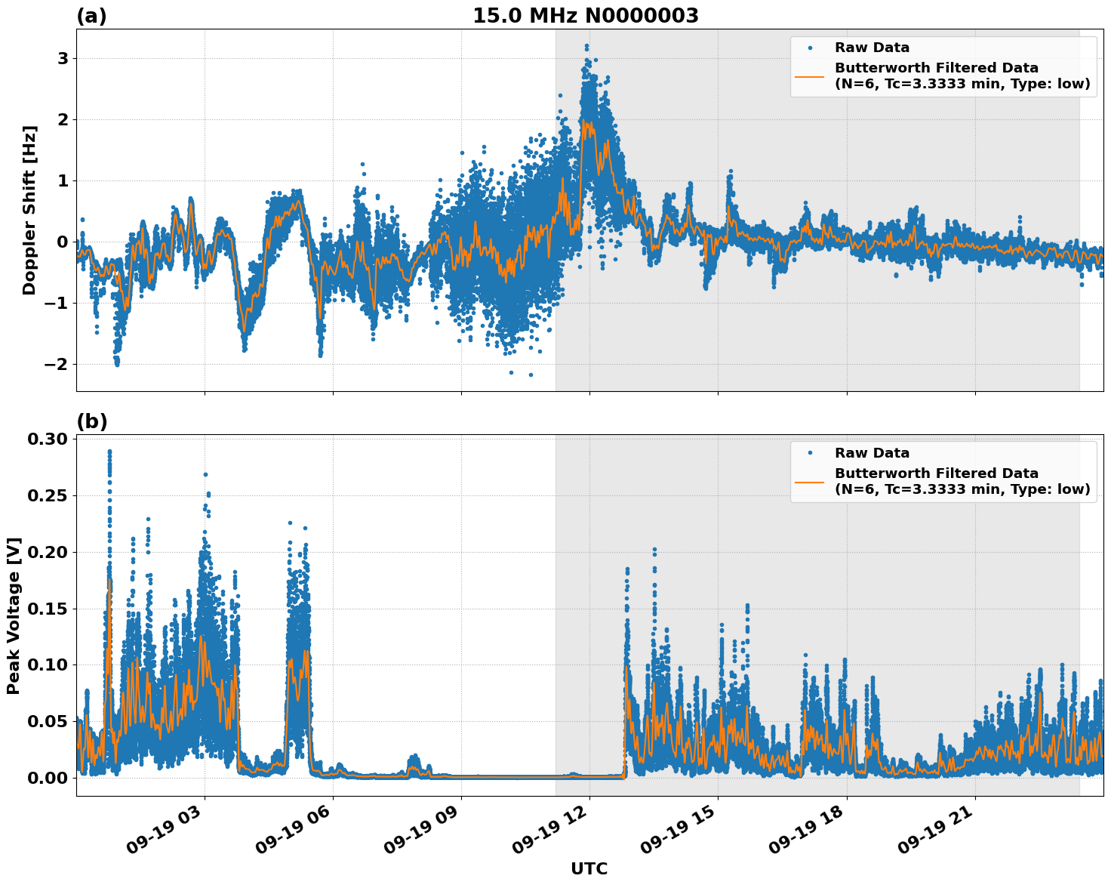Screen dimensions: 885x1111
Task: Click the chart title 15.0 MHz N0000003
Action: click(x=585, y=16)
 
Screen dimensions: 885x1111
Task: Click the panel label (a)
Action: click(x=91, y=16)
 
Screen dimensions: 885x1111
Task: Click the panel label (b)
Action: click(x=91, y=421)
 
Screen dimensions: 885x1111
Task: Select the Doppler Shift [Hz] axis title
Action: click(x=29, y=210)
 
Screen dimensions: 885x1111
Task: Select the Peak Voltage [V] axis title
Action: click(x=14, y=615)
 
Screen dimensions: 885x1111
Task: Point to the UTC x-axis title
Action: click(x=589, y=868)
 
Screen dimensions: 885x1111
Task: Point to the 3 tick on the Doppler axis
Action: click(x=63, y=59)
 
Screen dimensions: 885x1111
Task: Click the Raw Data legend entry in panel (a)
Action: click(x=872, y=48)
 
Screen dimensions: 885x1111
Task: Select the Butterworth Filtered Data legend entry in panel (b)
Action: click(x=962, y=481)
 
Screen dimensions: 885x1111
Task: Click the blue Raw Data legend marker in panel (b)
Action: click(x=810, y=453)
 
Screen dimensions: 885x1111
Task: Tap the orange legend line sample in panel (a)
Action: click(x=810, y=76)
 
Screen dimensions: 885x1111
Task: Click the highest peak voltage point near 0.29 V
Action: click(x=109, y=452)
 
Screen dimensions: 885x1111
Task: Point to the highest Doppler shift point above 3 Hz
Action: click(x=586, y=46)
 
